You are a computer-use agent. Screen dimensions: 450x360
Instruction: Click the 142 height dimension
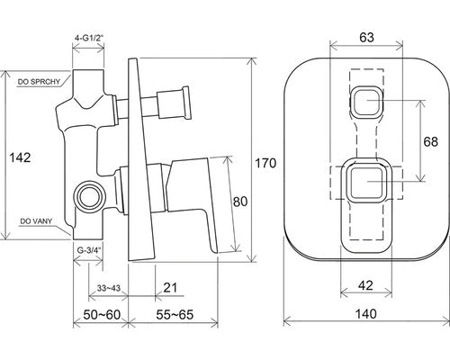click(x=20, y=157)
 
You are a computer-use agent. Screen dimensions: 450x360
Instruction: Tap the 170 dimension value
click(x=265, y=163)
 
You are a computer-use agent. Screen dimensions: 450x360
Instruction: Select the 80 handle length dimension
click(x=240, y=202)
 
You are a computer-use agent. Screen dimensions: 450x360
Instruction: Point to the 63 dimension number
click(x=366, y=37)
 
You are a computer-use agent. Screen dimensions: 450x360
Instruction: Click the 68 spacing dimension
click(x=430, y=141)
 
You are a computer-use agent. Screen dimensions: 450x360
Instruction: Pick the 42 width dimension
click(x=366, y=285)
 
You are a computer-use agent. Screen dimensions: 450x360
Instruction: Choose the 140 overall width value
click(x=366, y=314)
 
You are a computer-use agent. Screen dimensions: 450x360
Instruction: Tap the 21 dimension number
click(x=170, y=288)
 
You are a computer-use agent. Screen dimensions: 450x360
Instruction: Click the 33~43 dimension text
click(x=109, y=288)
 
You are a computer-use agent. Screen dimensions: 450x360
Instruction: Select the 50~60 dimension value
click(x=102, y=315)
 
